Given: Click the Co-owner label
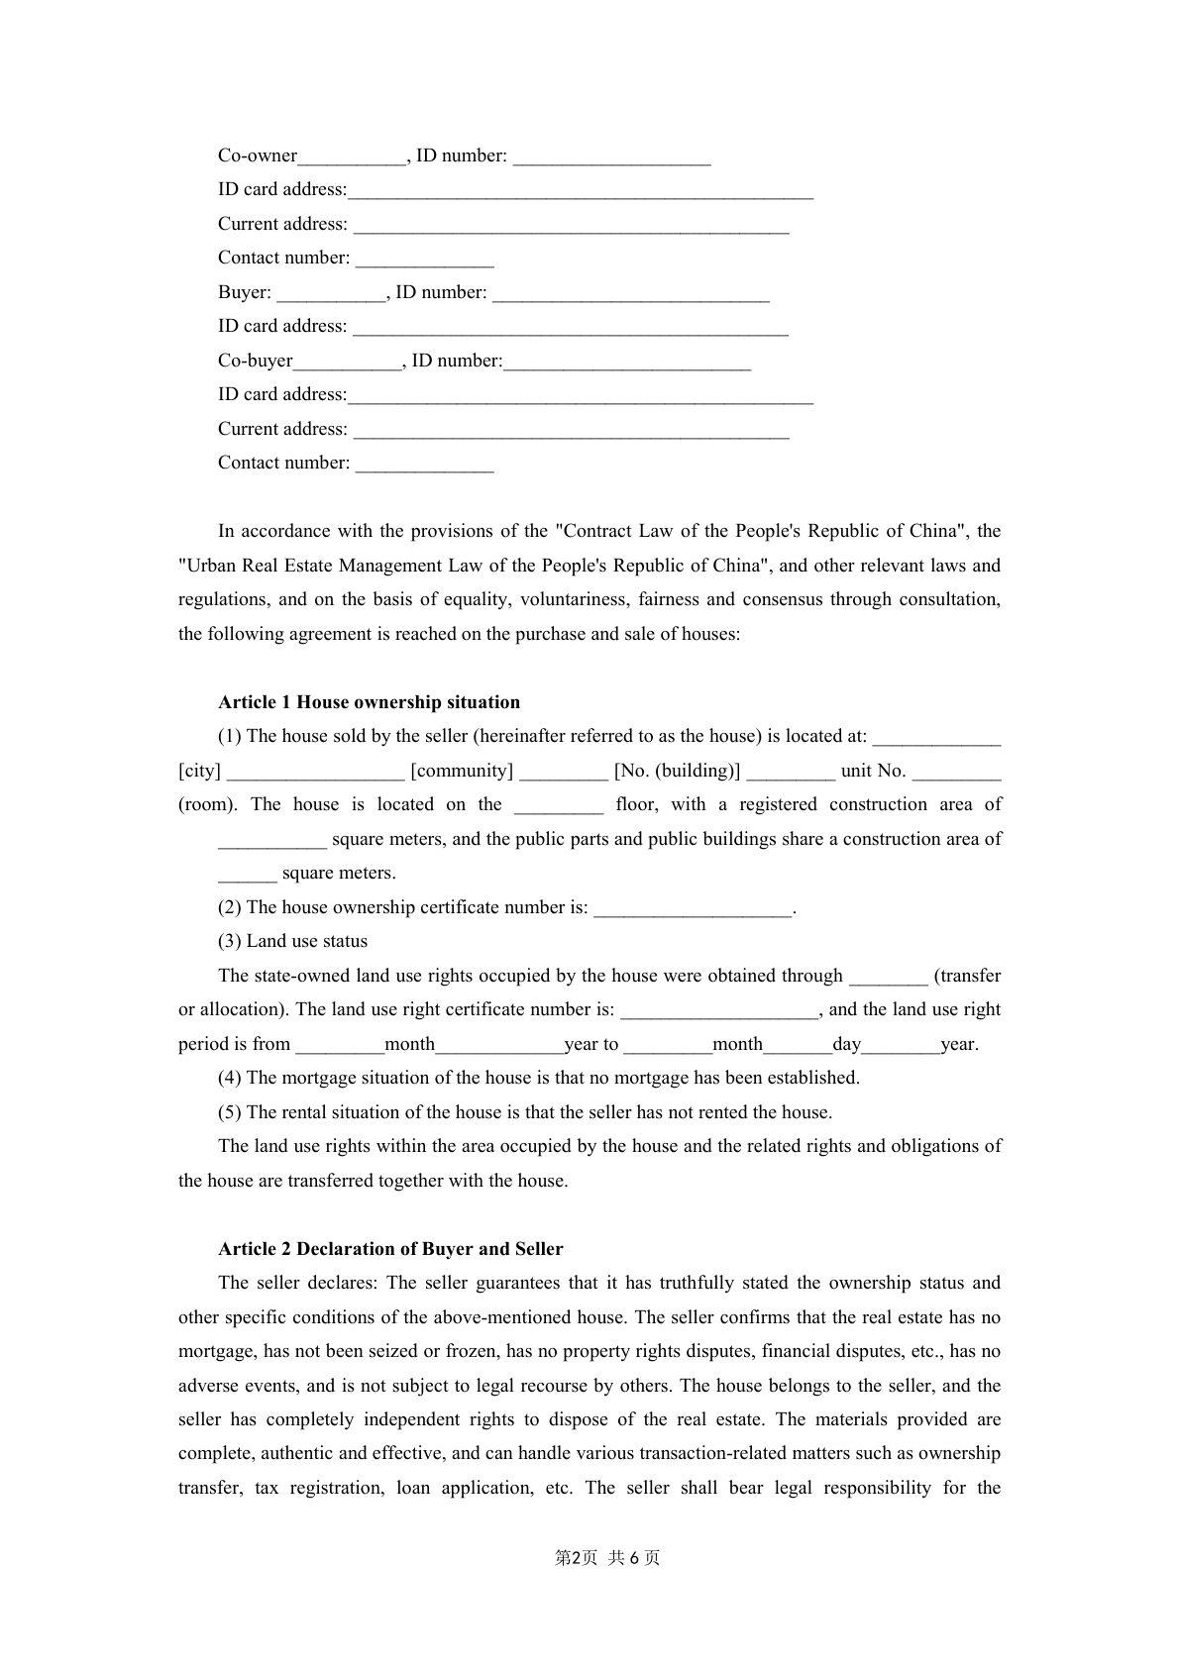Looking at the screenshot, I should pos(258,156).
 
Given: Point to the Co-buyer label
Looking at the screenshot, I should pos(256,361).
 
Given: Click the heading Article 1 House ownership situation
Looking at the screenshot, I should pos(369,702).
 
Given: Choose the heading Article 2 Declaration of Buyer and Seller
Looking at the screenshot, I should pos(390,1249).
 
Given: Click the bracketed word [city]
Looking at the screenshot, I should pos(199,771).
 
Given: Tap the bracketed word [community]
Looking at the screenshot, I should pos(462,771).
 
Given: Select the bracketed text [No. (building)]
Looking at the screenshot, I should pos(677,771).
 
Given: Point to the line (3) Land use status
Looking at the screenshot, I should pos(292,941).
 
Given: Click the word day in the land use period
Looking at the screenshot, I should pos(846,1044).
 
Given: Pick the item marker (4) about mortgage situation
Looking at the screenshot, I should pos(229,1078).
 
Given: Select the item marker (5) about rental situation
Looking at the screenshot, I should pos(229,1112).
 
